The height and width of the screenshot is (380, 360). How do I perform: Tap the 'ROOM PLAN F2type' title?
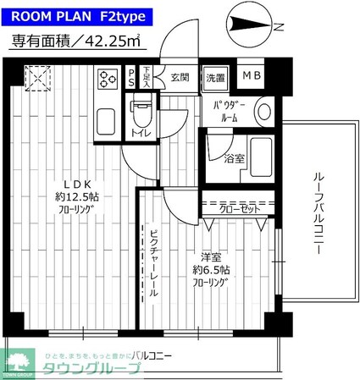(77, 15)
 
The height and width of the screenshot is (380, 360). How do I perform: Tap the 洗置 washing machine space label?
(215, 78)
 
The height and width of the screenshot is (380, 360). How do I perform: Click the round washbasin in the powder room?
(263, 110)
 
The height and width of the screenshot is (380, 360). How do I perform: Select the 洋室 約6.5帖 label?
(208, 270)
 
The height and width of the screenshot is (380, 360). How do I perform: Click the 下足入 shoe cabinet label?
(146, 78)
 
